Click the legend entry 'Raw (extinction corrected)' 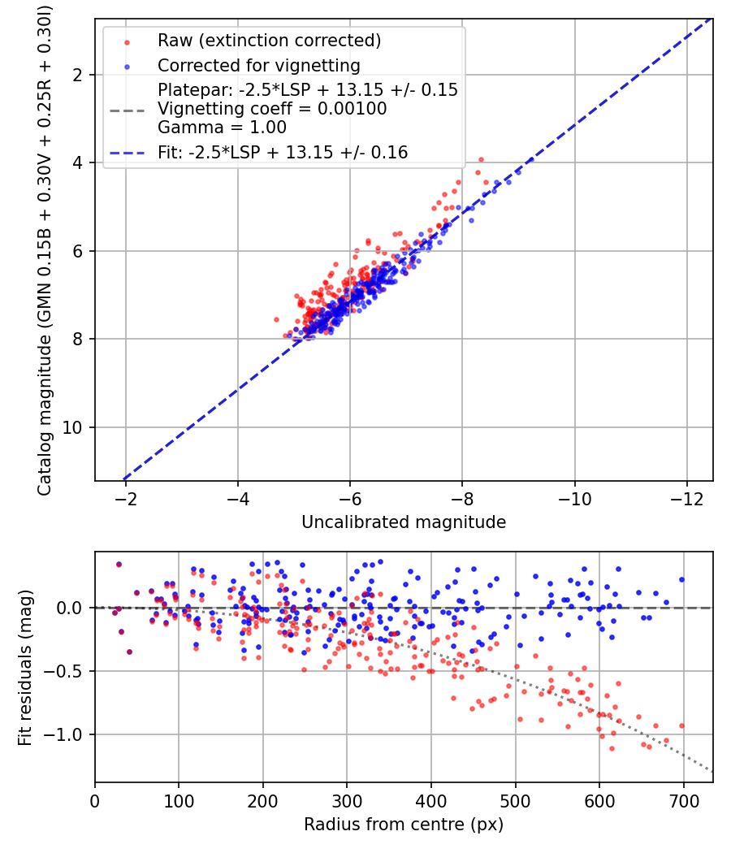(269, 41)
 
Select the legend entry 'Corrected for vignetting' (259, 65)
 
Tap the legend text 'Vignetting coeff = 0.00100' (272, 109)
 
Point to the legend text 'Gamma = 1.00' (222, 127)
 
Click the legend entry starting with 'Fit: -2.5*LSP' (283, 152)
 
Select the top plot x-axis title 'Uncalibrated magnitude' (404, 522)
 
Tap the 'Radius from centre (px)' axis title (404, 825)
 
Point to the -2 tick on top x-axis (125, 498)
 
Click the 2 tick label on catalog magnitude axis (81, 75)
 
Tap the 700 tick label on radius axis (683, 801)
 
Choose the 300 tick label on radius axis (347, 801)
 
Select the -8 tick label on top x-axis (462, 498)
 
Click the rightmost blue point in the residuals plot (681, 579)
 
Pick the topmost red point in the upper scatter (481, 159)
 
